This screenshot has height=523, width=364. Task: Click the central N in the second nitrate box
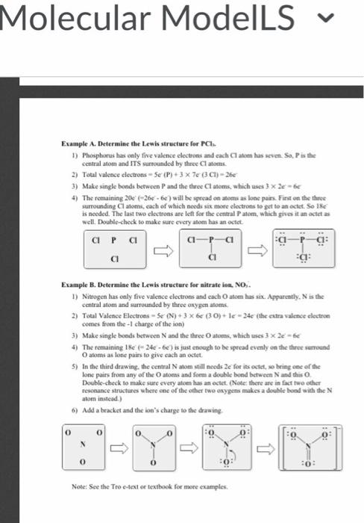click(154, 444)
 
